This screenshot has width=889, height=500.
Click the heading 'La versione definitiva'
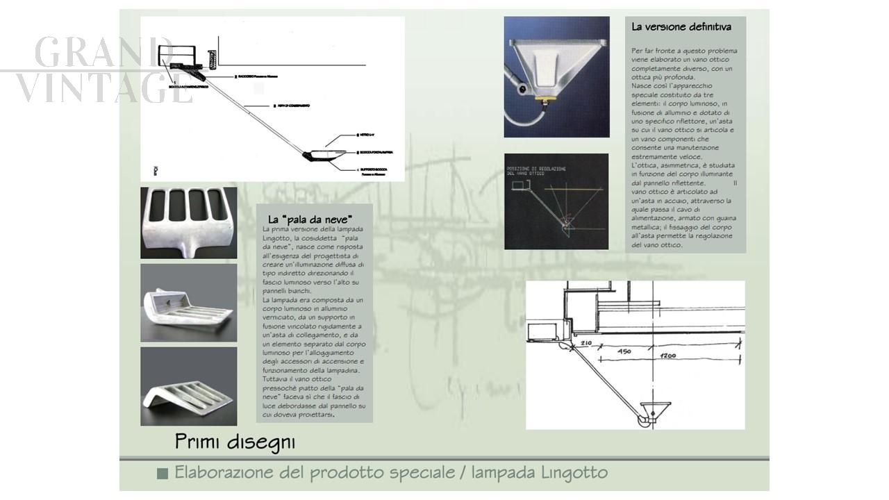tap(681, 27)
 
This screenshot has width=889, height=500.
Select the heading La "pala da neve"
tap(310, 220)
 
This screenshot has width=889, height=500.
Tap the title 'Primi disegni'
tap(235, 442)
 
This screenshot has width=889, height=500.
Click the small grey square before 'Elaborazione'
tap(163, 474)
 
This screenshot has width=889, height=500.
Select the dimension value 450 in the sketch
tap(624, 351)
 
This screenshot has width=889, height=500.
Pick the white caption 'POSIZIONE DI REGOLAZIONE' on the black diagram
tap(536, 169)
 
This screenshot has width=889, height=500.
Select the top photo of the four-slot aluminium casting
tap(188, 222)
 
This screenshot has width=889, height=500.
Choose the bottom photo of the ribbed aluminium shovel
tap(188, 386)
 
